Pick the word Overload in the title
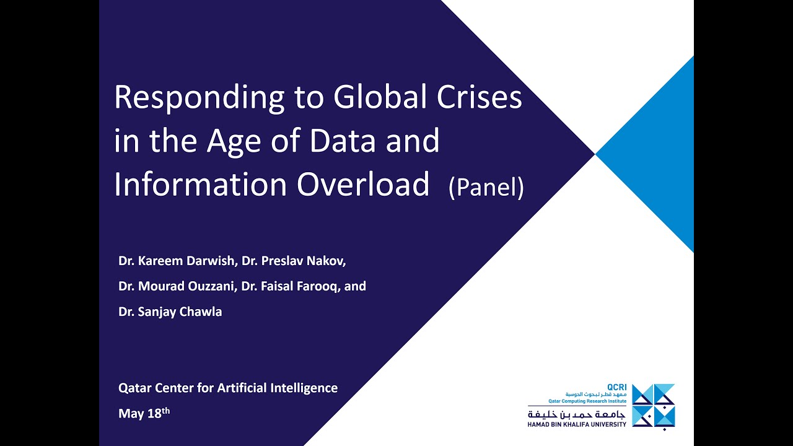[363, 184]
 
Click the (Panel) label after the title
[486, 187]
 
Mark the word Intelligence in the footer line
[304, 388]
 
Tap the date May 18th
[144, 413]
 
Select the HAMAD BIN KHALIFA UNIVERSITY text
[577, 424]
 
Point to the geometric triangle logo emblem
[654, 406]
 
